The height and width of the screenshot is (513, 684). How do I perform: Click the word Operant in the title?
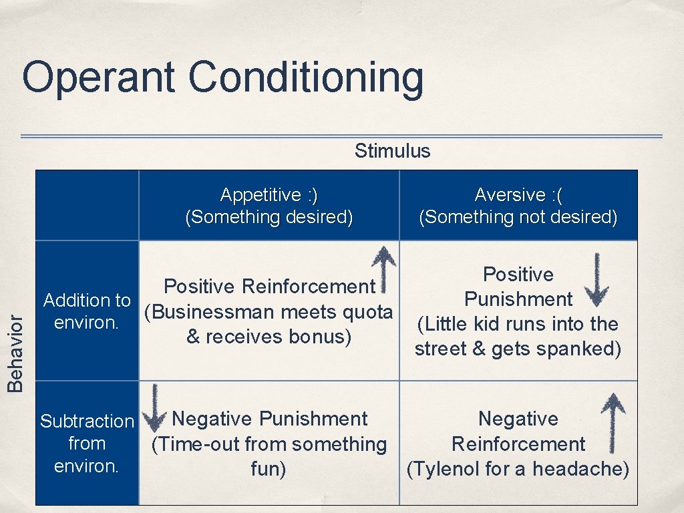click(x=98, y=77)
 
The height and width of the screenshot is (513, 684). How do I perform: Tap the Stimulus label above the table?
click(x=392, y=151)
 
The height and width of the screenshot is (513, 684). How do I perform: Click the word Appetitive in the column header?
click(x=261, y=195)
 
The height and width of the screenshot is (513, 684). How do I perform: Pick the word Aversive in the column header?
click(x=510, y=195)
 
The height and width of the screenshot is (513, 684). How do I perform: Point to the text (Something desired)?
click(x=269, y=217)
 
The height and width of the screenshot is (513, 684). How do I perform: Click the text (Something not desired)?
click(x=518, y=217)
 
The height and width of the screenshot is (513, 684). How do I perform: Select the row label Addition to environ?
click(x=87, y=312)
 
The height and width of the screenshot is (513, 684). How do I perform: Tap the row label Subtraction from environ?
click(x=87, y=443)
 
